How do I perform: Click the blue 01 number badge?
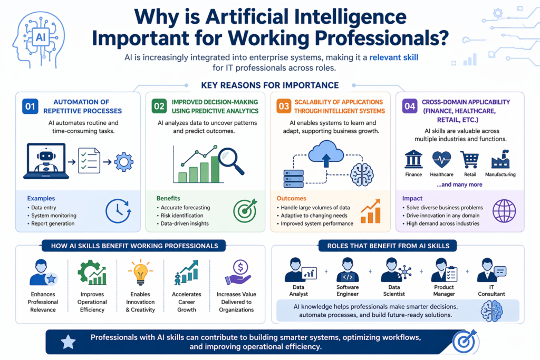click(31, 106)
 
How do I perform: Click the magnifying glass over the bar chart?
click(230, 160)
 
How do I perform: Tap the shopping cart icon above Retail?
click(469, 160)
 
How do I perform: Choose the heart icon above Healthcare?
click(441, 160)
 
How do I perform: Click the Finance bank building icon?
click(413, 160)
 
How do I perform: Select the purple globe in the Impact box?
click(504, 211)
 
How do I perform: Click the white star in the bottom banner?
click(69, 342)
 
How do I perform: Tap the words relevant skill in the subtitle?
click(392, 56)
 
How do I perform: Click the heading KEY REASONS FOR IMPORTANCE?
click(270, 85)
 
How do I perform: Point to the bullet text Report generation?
click(53, 223)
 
